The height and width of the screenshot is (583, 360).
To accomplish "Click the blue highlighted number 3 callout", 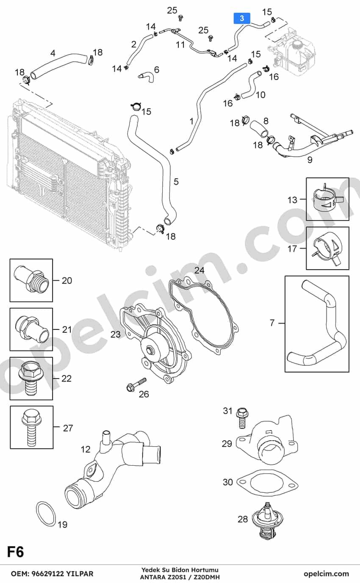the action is [242, 18].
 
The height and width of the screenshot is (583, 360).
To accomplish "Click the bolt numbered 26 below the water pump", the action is [136, 384].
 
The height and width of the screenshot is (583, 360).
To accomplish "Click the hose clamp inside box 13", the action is [327, 199].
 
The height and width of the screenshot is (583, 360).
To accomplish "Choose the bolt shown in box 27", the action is [31, 428].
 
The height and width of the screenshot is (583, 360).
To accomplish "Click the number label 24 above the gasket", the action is [199, 270].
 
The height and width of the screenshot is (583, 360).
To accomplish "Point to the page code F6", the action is [16, 552].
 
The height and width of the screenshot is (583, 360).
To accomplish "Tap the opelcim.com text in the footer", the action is [326, 574].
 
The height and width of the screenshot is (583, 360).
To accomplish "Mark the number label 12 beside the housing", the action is [86, 449].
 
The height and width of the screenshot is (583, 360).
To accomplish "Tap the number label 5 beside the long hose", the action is [176, 181].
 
